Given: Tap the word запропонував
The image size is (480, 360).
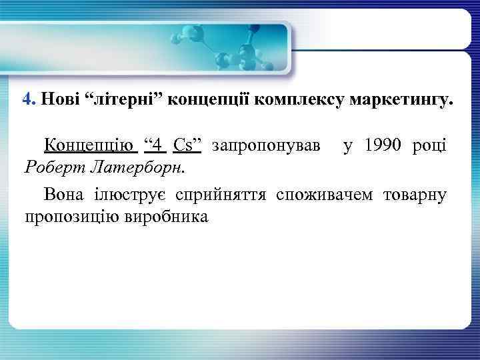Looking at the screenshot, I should click(x=265, y=145).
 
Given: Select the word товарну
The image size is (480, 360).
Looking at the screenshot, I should click(x=415, y=195).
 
